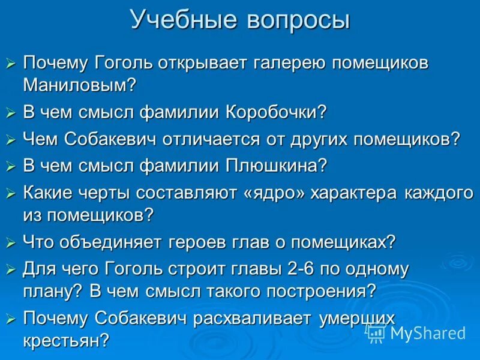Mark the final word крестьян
coord(66,340)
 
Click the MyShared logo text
coord(428,333)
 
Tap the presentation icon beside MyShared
coord(376,332)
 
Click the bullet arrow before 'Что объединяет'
coord(11,243)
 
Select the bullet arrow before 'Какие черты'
coord(11,193)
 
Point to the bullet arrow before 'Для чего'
coord(11,270)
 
